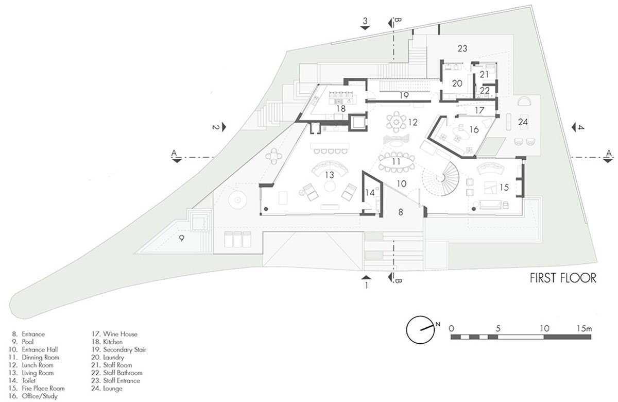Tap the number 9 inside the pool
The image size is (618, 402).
pos(181,238)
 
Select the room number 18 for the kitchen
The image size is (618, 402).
pos(341,109)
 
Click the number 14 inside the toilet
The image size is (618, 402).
pos(370,193)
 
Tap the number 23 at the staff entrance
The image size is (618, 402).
pos(461,48)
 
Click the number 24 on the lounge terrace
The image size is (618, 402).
pos(523,122)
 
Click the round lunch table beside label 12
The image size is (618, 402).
pos(396,122)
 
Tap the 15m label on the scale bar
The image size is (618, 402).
pos(586,328)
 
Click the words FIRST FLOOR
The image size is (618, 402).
pos(563,278)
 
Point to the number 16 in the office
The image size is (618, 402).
pos(474,129)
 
